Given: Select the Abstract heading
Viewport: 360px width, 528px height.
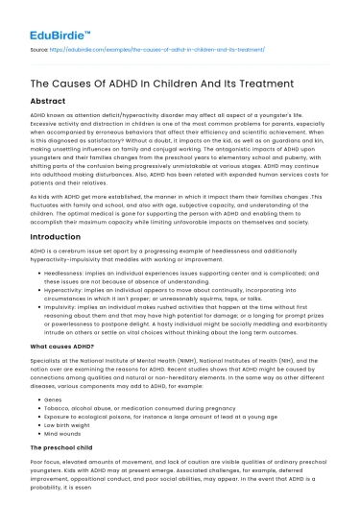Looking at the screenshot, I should pyautogui.click(x=50, y=99).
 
